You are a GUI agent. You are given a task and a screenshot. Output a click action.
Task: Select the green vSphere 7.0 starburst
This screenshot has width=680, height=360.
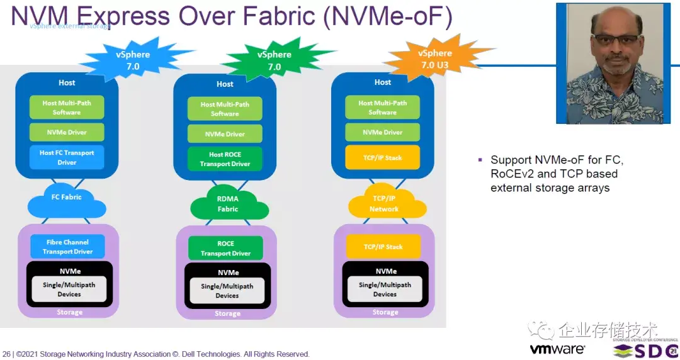point(275,60)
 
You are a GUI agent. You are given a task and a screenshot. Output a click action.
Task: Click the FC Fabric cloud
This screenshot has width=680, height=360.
point(67,198)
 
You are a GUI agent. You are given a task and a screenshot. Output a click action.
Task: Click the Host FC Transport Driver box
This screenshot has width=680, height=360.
point(67,157)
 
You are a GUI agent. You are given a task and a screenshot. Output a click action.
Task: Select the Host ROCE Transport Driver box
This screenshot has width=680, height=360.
point(225,159)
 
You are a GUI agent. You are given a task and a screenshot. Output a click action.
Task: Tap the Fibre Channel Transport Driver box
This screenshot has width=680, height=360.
point(67,247)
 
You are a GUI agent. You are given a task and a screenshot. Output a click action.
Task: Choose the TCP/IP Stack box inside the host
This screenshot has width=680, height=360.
point(383,157)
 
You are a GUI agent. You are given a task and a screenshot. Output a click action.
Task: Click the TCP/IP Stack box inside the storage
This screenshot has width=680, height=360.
point(383,247)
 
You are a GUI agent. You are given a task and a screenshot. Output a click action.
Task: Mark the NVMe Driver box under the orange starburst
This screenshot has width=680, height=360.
point(383,132)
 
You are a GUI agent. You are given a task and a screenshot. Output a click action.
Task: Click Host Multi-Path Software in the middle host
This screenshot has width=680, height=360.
point(225,109)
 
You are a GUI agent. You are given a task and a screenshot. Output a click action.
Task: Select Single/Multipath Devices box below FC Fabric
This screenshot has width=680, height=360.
point(69,290)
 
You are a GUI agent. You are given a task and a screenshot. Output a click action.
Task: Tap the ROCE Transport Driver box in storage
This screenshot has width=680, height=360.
point(225,249)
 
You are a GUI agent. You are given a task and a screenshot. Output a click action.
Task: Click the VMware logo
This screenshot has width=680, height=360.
point(557,348)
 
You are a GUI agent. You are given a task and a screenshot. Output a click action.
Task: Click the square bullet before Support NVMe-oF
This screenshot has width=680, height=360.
point(480,160)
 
